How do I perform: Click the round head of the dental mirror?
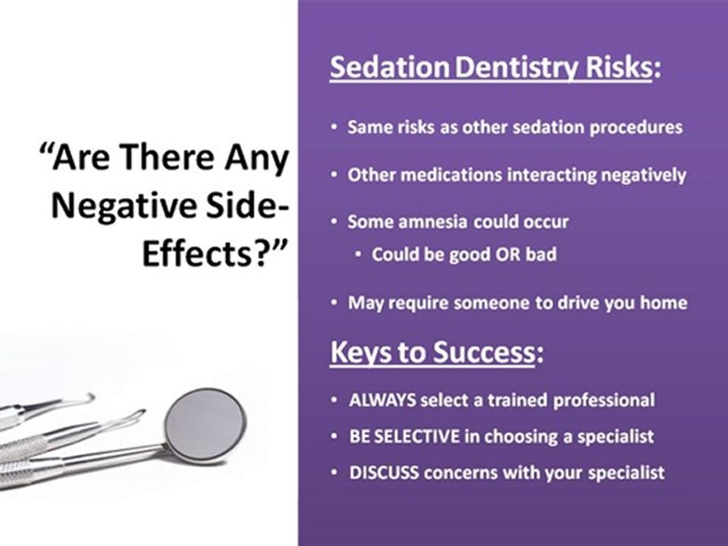pos(206,425)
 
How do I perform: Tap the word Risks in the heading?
pos(618,67)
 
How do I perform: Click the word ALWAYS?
pos(382,400)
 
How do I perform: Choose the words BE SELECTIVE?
pos(404,437)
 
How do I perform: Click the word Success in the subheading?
pos(484,353)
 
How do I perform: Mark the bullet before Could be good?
pos(357,254)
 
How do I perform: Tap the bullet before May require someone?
pos(334,303)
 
